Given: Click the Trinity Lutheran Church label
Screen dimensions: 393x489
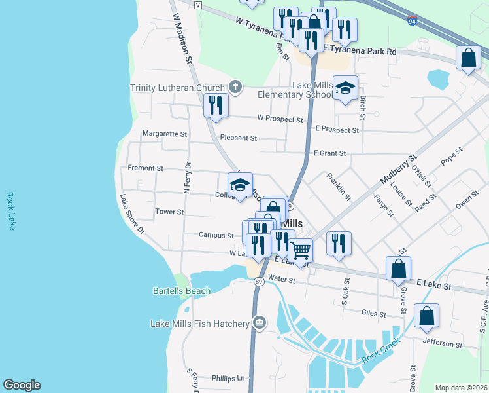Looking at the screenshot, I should coord(178,88).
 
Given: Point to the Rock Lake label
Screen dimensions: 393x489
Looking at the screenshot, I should coord(10,210).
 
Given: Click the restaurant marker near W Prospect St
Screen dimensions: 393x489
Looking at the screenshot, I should coord(216,104).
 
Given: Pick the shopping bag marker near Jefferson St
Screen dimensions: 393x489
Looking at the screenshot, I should coord(426,316).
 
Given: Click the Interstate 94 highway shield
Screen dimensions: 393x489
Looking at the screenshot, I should coord(412,20).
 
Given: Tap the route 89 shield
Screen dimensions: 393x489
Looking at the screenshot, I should coord(259,281).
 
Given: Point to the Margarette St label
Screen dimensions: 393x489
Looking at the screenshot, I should coord(165,134).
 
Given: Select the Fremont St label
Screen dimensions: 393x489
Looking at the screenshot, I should coord(145,168).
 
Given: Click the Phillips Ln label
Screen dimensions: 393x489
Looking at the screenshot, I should coord(228,378).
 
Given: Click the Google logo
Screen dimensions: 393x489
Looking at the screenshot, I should coord(22,385).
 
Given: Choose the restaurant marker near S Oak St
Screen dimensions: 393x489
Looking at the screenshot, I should coord(339,242).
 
